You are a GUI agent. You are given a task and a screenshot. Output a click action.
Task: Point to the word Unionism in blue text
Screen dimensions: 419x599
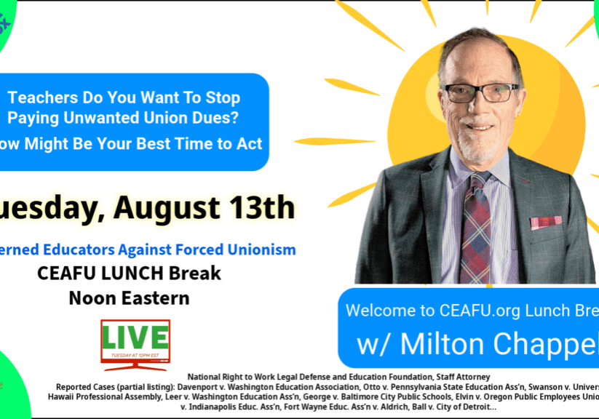pyautogui.click(x=259, y=250)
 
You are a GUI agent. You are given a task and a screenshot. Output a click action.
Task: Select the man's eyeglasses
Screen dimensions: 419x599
pyautogui.click(x=481, y=92)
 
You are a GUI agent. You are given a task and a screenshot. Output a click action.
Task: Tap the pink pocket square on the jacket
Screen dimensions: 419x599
pyautogui.click(x=546, y=222)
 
